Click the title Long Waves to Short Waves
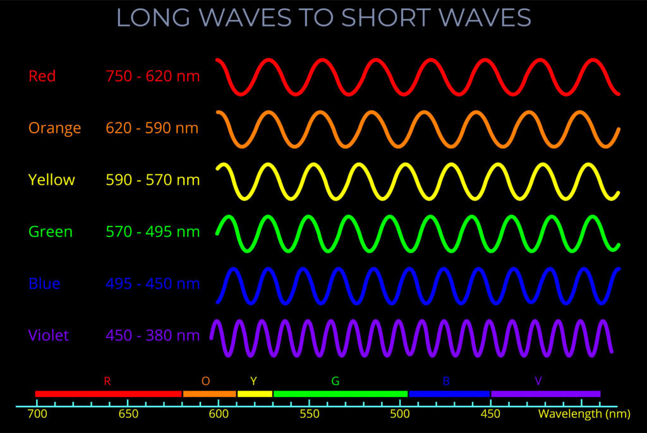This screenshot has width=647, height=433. [323, 18]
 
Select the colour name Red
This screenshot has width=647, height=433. [42, 76]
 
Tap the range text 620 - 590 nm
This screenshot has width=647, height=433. [152, 129]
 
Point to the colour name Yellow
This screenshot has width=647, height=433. [52, 180]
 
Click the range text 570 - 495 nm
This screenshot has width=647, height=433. [152, 232]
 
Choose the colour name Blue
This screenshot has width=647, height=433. [44, 283]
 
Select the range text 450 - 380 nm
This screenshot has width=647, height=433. [152, 335]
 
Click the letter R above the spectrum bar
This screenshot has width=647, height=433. [107, 381]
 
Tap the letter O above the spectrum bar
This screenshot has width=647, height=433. [206, 381]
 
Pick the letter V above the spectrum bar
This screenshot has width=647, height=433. [538, 381]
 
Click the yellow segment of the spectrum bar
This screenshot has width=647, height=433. [255, 394]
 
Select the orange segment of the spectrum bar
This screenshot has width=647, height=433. [210, 394]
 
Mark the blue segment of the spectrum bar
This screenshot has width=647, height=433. [449, 394]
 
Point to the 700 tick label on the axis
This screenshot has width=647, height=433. [37, 415]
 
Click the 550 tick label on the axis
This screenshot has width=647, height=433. [310, 415]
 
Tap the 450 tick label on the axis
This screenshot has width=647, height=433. [490, 415]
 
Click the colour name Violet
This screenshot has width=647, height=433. [49, 335]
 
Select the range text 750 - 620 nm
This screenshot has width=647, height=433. [152, 76]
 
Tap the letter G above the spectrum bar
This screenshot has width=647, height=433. [335, 381]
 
